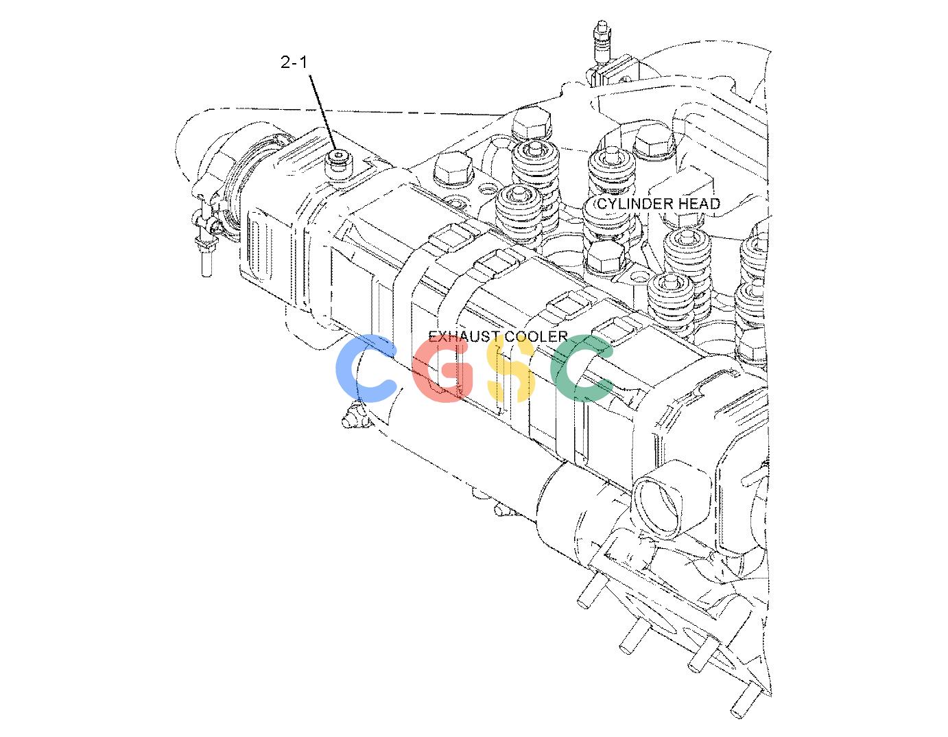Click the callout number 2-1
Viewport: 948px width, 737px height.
click(x=294, y=62)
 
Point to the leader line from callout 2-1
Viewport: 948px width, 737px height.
click(x=323, y=113)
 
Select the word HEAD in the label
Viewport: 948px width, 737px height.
click(x=694, y=204)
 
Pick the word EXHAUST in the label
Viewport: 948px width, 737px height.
click(x=464, y=336)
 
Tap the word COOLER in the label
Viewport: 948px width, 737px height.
click(x=536, y=336)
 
